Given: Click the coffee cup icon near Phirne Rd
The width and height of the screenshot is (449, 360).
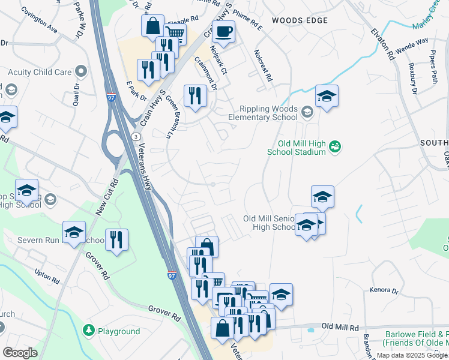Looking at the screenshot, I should pyautogui.click(x=223, y=32).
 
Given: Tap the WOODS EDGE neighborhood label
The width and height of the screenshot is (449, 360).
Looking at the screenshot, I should pyautogui.click(x=300, y=20).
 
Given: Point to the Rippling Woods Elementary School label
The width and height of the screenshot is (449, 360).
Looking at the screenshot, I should pyautogui.click(x=259, y=113).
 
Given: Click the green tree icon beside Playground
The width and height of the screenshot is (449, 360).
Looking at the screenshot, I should pyautogui.click(x=89, y=331).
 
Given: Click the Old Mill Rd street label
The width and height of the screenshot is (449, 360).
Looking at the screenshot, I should pyautogui.click(x=340, y=326).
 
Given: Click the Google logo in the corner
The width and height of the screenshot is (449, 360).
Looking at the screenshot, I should pyautogui.click(x=20, y=353).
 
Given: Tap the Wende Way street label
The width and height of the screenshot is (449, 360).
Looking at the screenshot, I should pyautogui.click(x=412, y=42).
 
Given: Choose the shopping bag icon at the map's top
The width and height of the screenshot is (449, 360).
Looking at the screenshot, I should pyautogui.click(x=153, y=26).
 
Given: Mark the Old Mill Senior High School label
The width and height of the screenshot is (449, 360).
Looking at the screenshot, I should pyautogui.click(x=270, y=223).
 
